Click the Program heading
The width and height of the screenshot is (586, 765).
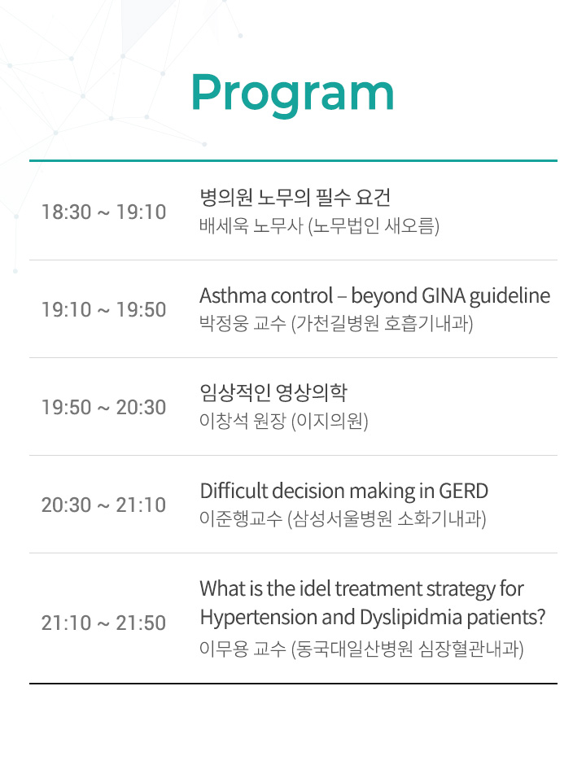[293, 93]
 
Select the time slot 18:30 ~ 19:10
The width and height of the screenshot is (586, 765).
[104, 212]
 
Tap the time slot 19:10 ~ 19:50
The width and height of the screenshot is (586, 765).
[104, 310]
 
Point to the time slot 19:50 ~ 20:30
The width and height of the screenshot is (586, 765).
[104, 408]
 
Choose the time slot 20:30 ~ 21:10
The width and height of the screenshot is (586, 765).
[104, 505]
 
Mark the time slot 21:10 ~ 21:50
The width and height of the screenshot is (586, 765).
[104, 623]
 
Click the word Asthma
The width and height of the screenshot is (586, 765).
[233, 295]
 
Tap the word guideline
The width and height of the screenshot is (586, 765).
[509, 296]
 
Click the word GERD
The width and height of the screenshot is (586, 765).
[464, 491]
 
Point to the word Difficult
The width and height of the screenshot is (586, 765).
[234, 491]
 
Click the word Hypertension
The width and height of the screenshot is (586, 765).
[259, 618]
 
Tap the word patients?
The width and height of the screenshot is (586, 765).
[506, 618]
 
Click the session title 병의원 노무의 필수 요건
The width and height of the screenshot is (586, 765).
[295, 197]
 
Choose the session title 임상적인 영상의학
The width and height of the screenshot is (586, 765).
[273, 392]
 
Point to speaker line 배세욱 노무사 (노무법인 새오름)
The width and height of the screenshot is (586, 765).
[319, 226]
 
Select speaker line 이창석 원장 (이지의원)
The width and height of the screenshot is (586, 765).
[283, 421]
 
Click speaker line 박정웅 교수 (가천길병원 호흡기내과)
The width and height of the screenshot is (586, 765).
[336, 323]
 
